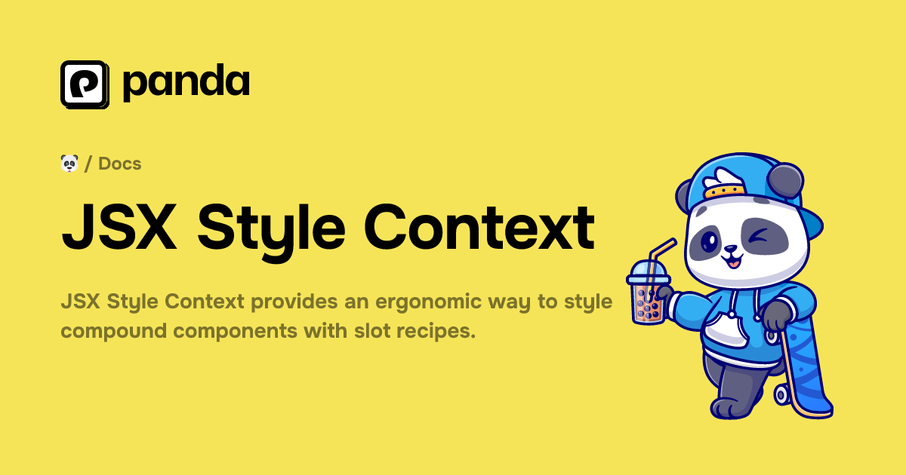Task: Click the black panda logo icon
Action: point(85,84)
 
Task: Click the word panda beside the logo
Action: point(186,84)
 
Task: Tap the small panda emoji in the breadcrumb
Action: point(69,163)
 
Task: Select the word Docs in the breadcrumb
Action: point(120,164)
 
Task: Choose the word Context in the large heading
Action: point(480,226)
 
